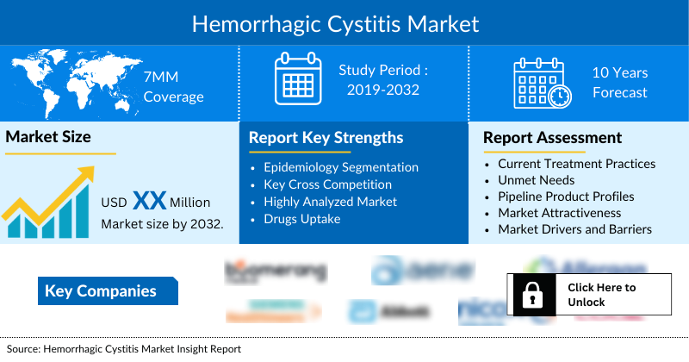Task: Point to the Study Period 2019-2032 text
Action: pyautogui.click(x=382, y=78)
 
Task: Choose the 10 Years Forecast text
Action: pyautogui.click(x=619, y=83)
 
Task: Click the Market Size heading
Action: pyautogui.click(x=48, y=137)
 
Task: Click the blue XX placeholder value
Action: pyautogui.click(x=149, y=202)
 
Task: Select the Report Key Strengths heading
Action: pyautogui.click(x=326, y=138)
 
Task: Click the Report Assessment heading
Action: pyautogui.click(x=552, y=137)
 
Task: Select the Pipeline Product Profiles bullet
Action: pyautogui.click(x=566, y=197)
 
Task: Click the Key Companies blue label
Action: pyautogui.click(x=100, y=291)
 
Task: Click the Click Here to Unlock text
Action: pyautogui.click(x=601, y=295)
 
